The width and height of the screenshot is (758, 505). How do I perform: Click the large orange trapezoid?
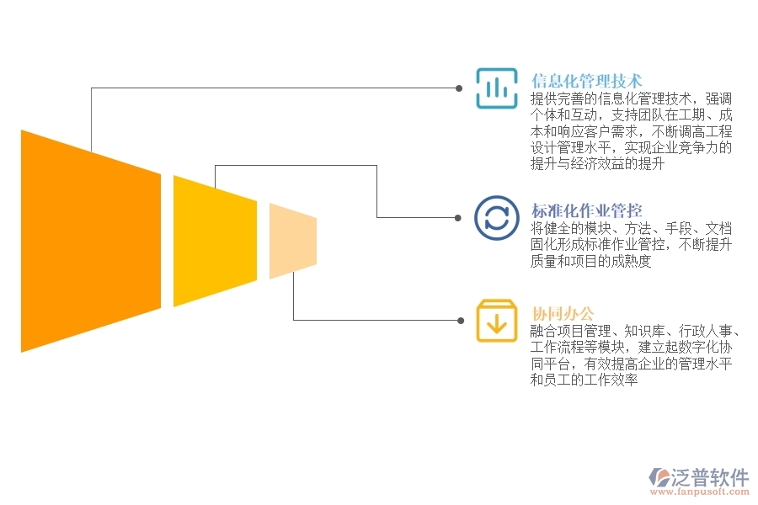point(91,241)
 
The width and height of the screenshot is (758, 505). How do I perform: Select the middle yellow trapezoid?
point(215,241)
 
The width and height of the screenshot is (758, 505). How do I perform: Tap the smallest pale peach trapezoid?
point(293,241)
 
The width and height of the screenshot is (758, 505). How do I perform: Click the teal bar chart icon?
point(496,88)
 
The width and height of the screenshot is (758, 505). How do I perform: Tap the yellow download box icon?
point(496,321)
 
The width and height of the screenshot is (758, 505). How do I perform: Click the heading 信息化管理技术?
point(586,80)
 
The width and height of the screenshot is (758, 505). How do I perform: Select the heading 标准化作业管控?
point(586,210)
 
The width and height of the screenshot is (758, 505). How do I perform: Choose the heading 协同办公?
point(563,314)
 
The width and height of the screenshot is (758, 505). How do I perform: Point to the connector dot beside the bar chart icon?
point(459,88)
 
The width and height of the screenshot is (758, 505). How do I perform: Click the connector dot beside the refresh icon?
point(458,218)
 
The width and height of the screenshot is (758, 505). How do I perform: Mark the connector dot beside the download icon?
point(461,321)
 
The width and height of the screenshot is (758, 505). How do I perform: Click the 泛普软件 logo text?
point(710,477)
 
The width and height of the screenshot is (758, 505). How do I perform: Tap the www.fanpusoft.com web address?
point(700,492)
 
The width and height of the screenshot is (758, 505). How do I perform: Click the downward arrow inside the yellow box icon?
point(496,323)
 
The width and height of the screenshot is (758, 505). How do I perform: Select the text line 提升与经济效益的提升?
point(597,163)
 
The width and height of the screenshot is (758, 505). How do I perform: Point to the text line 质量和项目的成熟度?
point(590,261)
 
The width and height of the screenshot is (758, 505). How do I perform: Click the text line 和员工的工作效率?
point(584,380)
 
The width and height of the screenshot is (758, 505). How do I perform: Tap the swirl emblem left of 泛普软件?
point(659,476)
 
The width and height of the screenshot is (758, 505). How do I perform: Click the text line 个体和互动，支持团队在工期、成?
point(631,114)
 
